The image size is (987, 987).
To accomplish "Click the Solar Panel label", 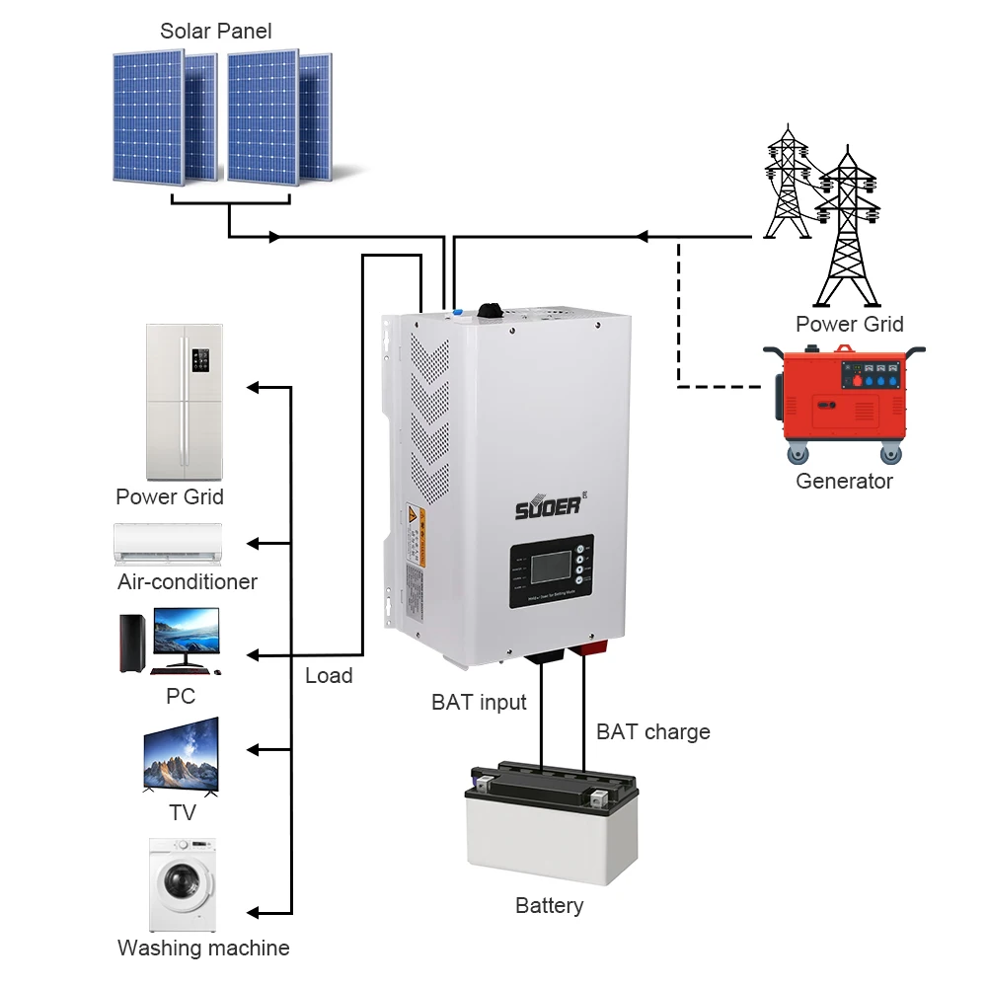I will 215,31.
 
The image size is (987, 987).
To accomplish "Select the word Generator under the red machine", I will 844,482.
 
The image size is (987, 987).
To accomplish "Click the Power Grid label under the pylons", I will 849,324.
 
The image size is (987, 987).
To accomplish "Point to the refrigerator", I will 184,402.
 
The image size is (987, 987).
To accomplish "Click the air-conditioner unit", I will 168,543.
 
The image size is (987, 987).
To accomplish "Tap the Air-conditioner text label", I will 188,581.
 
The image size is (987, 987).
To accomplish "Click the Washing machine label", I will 203,949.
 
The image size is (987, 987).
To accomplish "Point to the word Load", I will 329,675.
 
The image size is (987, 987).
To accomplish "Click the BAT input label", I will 479,703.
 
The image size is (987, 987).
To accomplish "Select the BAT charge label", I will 653,732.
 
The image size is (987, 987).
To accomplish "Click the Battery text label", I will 549,905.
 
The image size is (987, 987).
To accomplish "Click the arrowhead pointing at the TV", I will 253,751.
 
